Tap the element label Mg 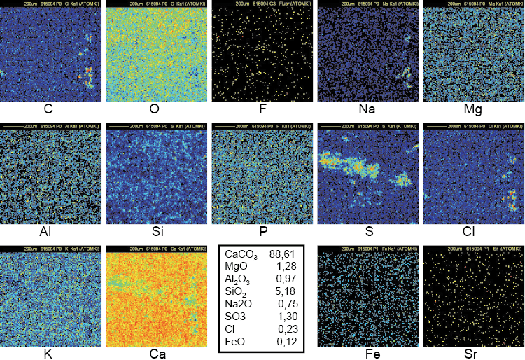pyautogui.click(x=471, y=110)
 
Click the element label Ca pyautogui.click(x=156, y=354)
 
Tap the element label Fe pyautogui.click(x=367, y=354)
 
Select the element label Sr pyautogui.click(x=471, y=354)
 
